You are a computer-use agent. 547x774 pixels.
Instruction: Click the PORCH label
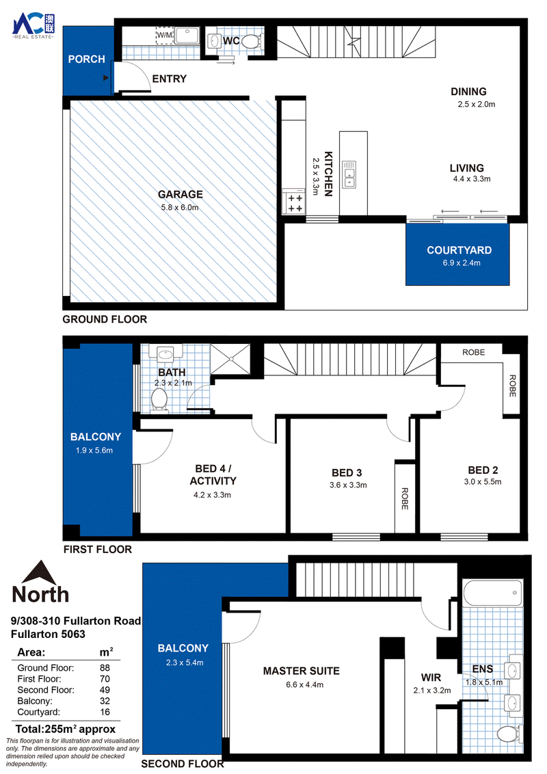coord(86,59)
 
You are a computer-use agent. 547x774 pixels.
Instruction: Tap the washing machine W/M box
coord(165,36)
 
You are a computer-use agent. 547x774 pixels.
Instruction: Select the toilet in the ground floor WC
coord(251,40)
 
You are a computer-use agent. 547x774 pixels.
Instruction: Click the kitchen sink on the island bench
coord(349,174)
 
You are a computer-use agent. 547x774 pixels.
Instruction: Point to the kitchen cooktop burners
coord(295,203)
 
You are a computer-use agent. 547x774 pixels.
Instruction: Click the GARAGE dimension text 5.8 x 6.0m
coord(180,208)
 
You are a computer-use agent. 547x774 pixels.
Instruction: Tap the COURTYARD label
coord(459,250)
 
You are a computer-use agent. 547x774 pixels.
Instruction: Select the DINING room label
coord(468,92)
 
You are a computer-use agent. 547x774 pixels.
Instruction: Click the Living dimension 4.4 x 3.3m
coord(472,179)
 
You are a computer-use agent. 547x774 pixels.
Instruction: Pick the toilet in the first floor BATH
coord(159,399)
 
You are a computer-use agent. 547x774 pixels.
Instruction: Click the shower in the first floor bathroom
coord(230,360)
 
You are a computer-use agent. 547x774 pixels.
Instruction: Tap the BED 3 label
coord(347,473)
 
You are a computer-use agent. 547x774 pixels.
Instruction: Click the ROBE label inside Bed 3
coord(405,498)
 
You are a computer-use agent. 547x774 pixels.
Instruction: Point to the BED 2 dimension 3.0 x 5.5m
coord(483,482)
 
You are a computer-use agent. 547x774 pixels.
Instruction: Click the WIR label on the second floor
coord(431,678)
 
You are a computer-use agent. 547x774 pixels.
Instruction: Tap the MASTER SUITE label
coord(301,671)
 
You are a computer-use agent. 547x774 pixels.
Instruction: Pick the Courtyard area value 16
coord(105,712)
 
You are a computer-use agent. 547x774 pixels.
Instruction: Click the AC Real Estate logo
coord(34,27)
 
